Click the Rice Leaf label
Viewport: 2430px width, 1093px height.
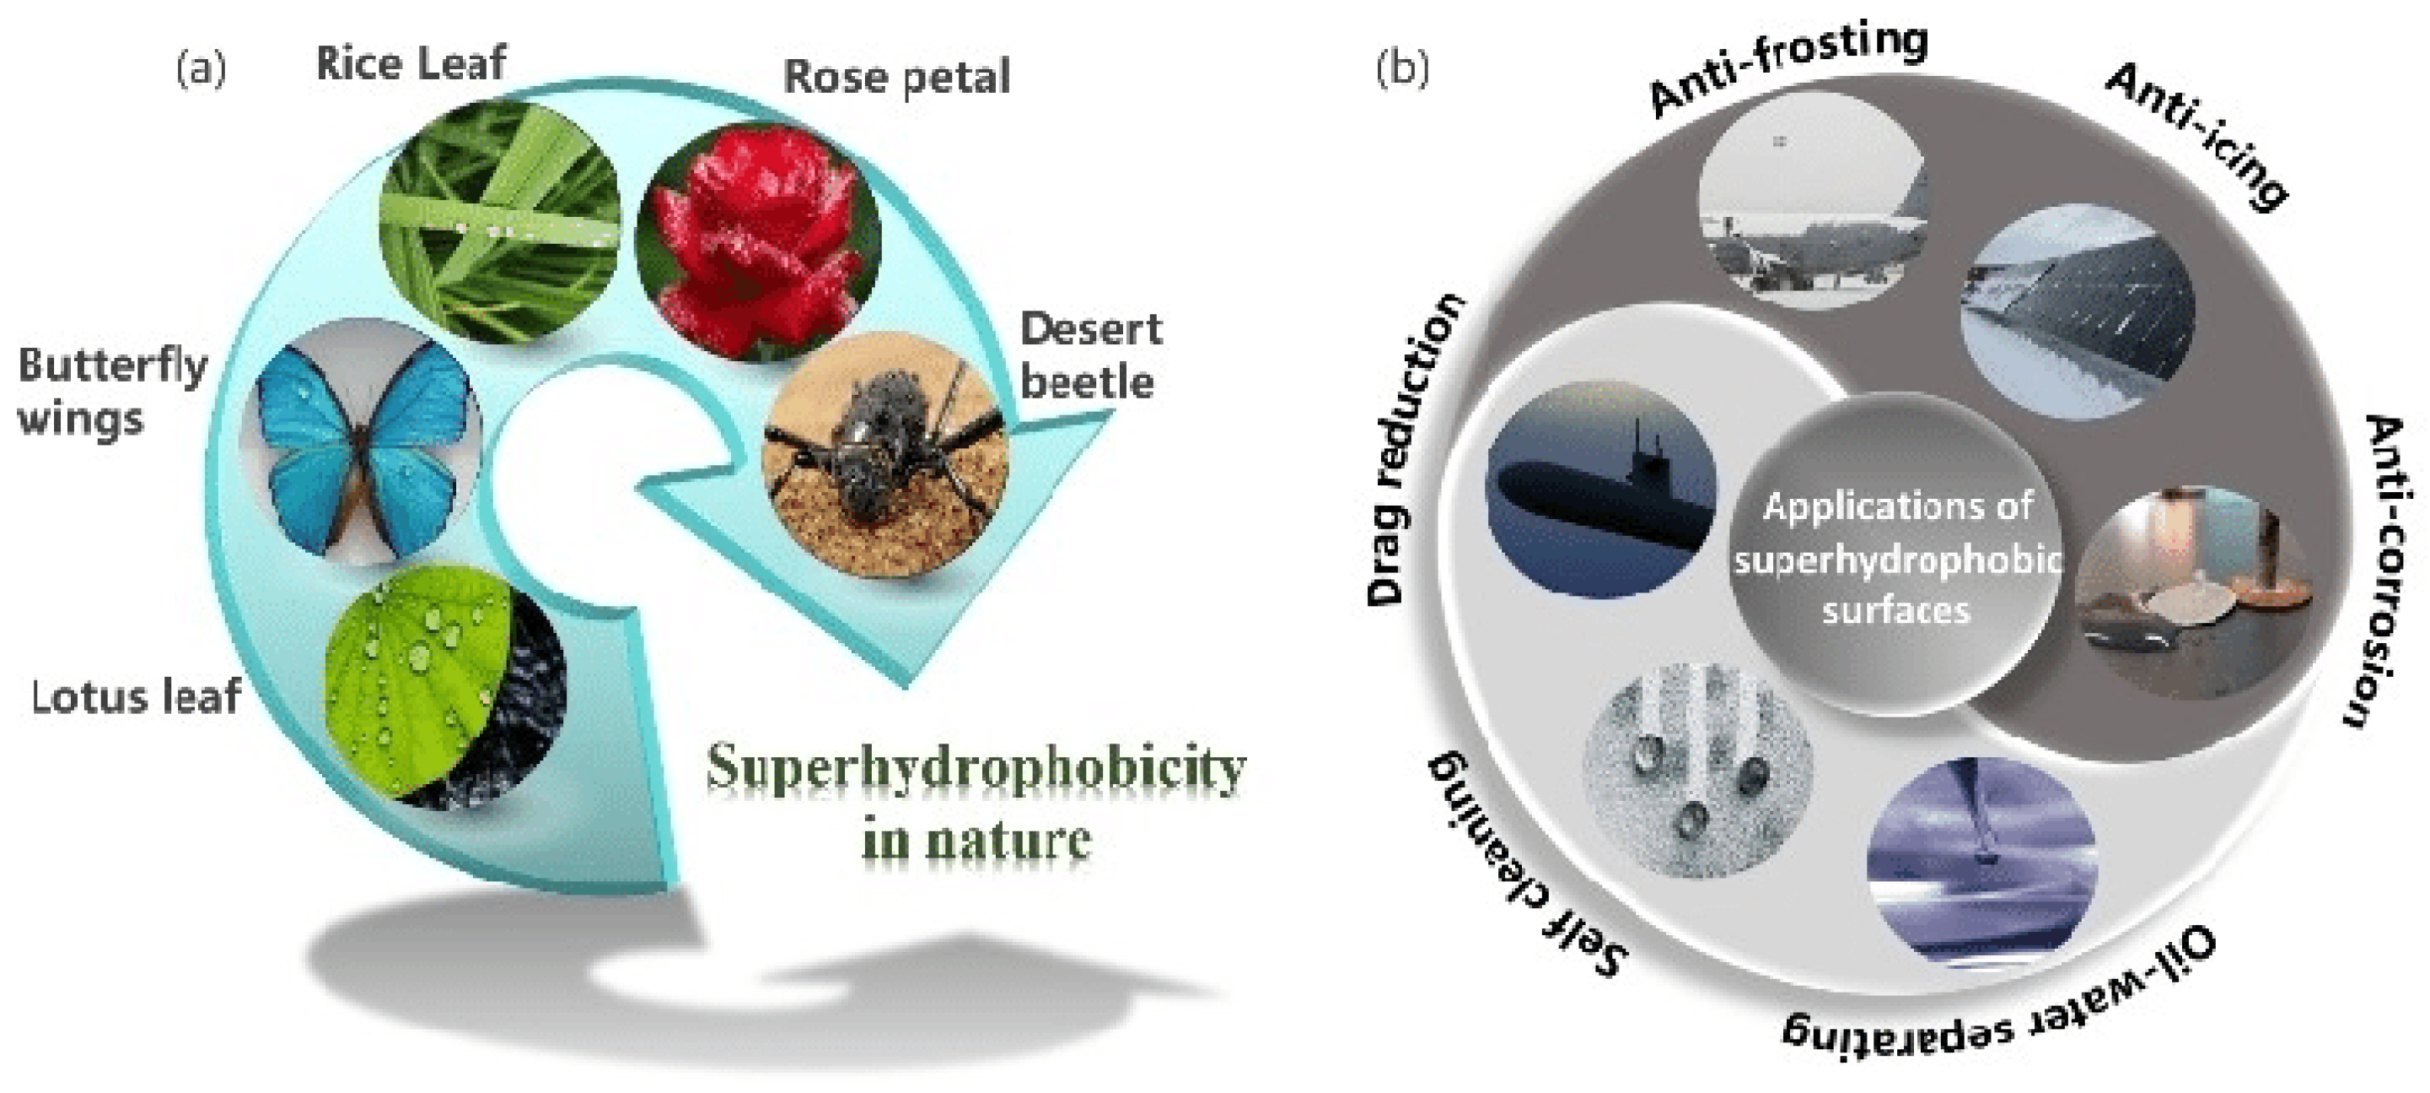[x=411, y=63]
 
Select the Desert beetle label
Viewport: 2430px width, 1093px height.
[x=1089, y=356]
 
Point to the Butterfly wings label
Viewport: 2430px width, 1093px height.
[x=111, y=391]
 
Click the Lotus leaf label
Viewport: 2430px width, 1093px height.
[x=136, y=697]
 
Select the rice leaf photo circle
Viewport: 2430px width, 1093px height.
[x=500, y=222]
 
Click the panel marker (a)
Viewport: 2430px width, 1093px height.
[x=201, y=68]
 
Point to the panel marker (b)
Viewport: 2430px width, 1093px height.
[x=1403, y=68]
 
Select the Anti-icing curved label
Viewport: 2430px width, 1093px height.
[x=2198, y=137]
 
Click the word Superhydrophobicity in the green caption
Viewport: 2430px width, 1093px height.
[x=976, y=769]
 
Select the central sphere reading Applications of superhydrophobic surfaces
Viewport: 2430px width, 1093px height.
[x=1896, y=557]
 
